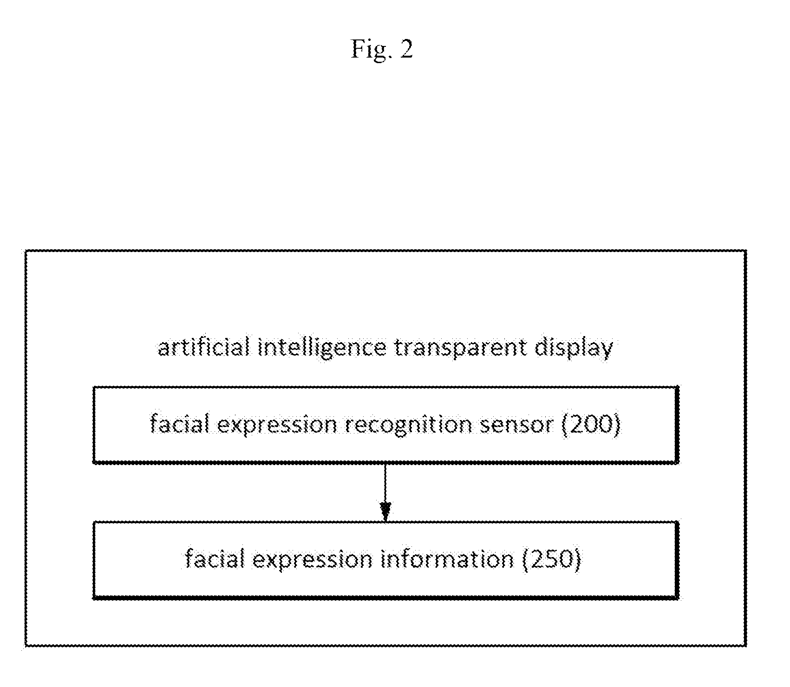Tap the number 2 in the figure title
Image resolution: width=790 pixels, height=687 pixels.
(x=406, y=48)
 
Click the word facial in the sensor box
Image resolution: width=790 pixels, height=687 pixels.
(x=180, y=424)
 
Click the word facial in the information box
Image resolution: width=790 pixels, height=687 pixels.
(x=215, y=559)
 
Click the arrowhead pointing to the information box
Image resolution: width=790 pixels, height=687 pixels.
(x=385, y=512)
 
